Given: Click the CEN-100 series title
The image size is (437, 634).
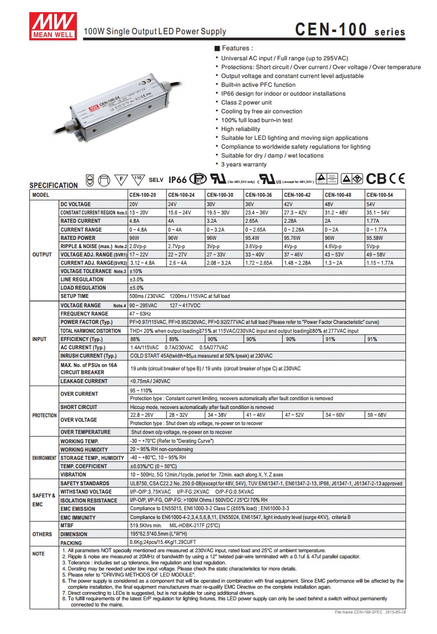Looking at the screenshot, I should pyautogui.click(x=350, y=30).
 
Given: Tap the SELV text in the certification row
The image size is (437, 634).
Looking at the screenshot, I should pyautogui.click(x=157, y=180).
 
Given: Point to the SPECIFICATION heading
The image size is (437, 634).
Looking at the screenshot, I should pyautogui.click(x=54, y=185).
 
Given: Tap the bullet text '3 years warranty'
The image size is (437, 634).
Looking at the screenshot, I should pyautogui.click(x=244, y=165).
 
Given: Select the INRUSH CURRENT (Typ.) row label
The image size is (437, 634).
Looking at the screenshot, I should pyautogui.click(x=88, y=355).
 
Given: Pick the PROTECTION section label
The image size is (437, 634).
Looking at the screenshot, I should pyautogui.click(x=44, y=415).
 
